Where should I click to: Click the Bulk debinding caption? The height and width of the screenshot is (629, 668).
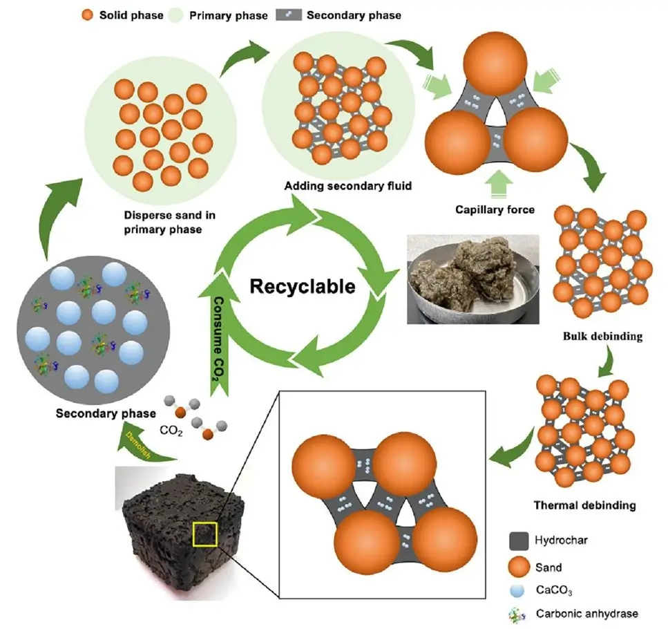coord(603,337)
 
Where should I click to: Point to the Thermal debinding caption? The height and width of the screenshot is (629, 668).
coord(584,505)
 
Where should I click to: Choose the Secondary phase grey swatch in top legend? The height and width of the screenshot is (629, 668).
coord(290,15)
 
